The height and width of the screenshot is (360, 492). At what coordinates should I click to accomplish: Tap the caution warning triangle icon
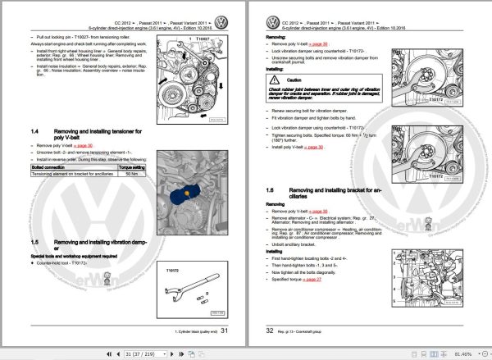pyautogui.click(x=276, y=80)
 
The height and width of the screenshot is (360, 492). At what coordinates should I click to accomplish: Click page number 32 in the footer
pyautogui.click(x=270, y=329)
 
